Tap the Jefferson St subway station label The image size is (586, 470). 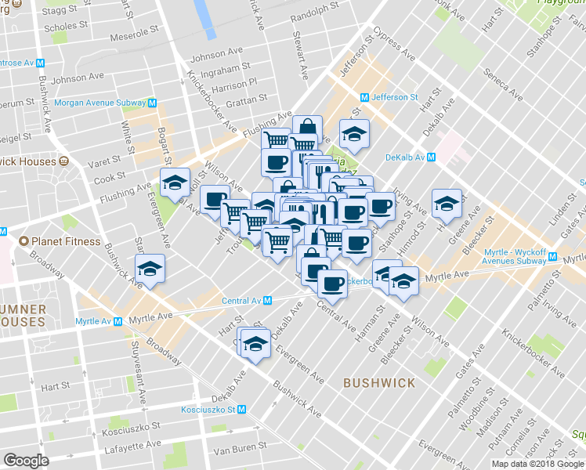coord(394,96)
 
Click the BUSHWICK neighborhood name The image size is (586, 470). coord(379,382)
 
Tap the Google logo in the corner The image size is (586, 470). coord(26,461)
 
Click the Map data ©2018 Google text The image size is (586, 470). coord(537,464)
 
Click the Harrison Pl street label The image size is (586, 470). coord(233,82)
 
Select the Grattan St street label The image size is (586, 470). coord(246,99)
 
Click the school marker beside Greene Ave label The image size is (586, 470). coord(447,202)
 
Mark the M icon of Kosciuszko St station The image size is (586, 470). coord(242,409)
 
